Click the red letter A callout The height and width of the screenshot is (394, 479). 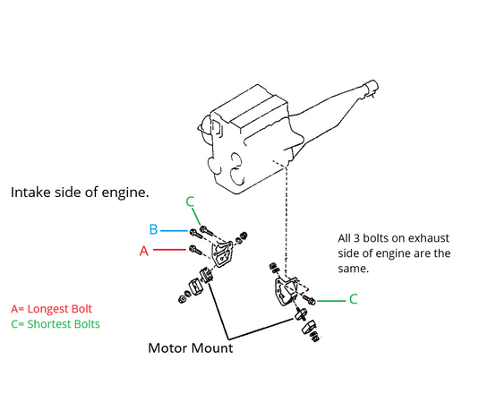(144, 251)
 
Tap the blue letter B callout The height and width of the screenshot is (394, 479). (153, 229)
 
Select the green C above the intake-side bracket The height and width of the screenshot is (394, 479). (190, 201)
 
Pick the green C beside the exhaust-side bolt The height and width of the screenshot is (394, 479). (353, 299)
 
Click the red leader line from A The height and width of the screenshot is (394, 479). (169, 250)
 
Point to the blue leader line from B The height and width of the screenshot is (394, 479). (174, 231)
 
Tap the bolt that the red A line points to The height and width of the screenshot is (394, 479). (196, 250)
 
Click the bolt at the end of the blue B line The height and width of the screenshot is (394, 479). (196, 234)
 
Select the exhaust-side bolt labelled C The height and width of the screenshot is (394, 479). (309, 299)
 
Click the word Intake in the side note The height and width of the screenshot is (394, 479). (30, 193)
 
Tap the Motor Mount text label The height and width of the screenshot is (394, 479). (191, 347)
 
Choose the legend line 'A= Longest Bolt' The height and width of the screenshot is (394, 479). (51, 309)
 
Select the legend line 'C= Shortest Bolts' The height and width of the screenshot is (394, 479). (56, 324)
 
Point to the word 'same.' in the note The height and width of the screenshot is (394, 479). (353, 269)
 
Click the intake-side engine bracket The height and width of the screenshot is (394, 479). (222, 253)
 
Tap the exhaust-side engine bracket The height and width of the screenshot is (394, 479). (287, 291)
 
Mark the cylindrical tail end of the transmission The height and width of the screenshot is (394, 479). (372, 87)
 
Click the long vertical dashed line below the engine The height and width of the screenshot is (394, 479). (286, 220)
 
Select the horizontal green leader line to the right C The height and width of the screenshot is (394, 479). (331, 301)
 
